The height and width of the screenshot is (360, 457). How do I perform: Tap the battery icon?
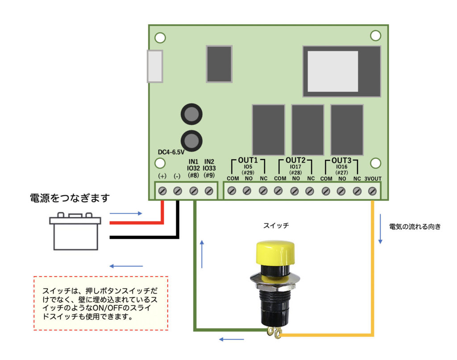(75, 232)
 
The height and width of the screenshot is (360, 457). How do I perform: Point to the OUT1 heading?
(248, 160)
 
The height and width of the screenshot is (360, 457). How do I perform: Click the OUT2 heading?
(295, 160)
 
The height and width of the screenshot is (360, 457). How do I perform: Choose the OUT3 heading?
(342, 160)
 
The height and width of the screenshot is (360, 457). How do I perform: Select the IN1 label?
(193, 161)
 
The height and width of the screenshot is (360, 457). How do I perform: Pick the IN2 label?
(209, 161)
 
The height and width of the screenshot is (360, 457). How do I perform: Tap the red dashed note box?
(101, 303)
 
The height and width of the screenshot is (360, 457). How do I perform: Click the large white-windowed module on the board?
(342, 71)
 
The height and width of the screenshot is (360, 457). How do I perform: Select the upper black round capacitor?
(192, 115)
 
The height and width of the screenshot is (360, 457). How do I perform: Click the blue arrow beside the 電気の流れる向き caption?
(380, 228)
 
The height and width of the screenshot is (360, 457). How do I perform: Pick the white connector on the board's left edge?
(155, 66)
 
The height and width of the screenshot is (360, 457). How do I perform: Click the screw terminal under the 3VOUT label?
(373, 191)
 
